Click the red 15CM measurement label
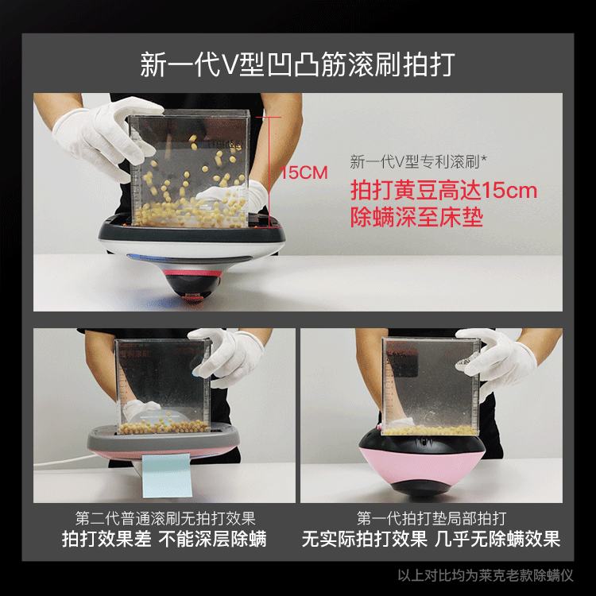(x=304, y=172)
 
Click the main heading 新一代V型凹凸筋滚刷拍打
(x=298, y=64)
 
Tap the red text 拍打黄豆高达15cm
(x=443, y=190)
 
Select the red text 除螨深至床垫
(x=416, y=217)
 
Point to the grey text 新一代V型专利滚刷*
(x=418, y=162)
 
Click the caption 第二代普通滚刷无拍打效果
(x=165, y=518)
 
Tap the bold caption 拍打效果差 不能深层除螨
(x=164, y=539)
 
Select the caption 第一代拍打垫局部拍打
(x=432, y=518)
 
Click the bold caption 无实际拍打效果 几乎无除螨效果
(x=432, y=539)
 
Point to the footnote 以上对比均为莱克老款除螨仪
(x=486, y=575)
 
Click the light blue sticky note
(x=167, y=475)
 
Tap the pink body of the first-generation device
(x=421, y=465)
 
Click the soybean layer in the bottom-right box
(x=430, y=430)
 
